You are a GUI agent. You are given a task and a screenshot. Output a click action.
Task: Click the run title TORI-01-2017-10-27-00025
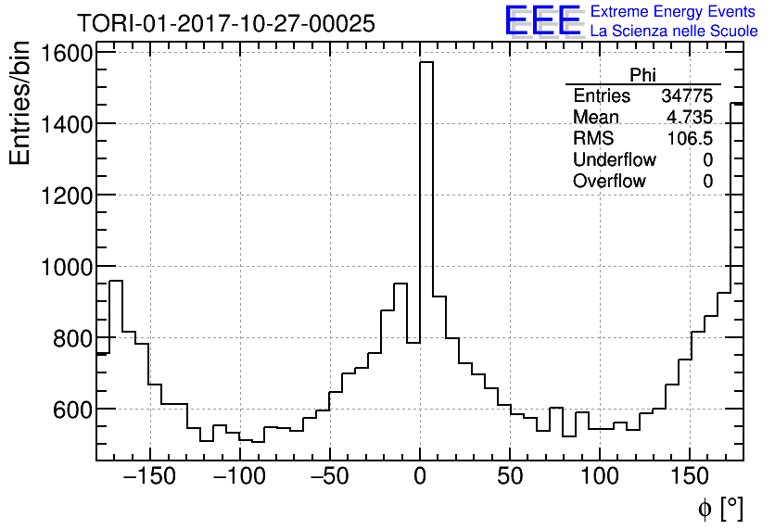pos(226,23)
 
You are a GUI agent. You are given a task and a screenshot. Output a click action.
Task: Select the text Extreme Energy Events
pos(672,12)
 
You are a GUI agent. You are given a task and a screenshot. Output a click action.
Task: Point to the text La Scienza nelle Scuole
pos(674,32)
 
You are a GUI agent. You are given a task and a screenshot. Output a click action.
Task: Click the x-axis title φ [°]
pos(720,508)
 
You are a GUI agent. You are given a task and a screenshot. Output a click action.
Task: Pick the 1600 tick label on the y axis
pos(66,53)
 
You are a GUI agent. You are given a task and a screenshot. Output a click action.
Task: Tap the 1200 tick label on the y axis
pos(66,196)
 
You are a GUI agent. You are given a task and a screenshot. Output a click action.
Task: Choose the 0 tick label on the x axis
pos(420,477)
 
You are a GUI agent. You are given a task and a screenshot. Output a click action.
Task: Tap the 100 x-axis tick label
pos(600,477)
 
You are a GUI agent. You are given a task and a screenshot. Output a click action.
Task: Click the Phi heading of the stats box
pos(642,75)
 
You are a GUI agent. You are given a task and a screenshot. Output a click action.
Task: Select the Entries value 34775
pos(687,96)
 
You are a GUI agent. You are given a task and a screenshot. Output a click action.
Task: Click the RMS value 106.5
pos(691,139)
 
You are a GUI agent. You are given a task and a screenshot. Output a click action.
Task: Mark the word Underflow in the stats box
pos(614,160)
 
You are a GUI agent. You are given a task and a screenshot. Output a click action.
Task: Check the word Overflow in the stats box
pos(609,182)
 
